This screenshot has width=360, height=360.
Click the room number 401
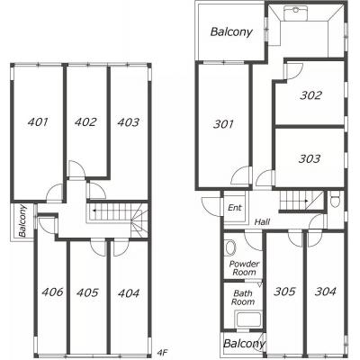click(38, 121)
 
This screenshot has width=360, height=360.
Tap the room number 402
click(85, 121)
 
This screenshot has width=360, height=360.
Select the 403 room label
click(129, 122)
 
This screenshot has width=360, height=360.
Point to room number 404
click(129, 293)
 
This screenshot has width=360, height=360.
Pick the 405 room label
click(87, 292)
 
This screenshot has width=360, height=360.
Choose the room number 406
click(52, 292)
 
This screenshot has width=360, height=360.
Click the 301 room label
click(223, 124)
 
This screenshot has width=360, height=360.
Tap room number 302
click(310, 95)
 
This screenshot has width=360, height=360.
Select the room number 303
click(310, 158)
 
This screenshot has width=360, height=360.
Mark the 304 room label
click(326, 291)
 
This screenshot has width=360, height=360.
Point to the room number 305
click(284, 291)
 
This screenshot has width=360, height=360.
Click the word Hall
click(262, 222)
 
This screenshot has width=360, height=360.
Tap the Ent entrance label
click(235, 208)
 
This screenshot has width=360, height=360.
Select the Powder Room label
click(244, 268)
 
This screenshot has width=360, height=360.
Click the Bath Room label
click(243, 297)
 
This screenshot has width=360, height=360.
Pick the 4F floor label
click(162, 353)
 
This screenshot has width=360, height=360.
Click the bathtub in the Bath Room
click(248, 320)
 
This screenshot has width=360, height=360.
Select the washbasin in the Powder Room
click(229, 247)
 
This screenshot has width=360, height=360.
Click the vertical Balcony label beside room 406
click(22, 220)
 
